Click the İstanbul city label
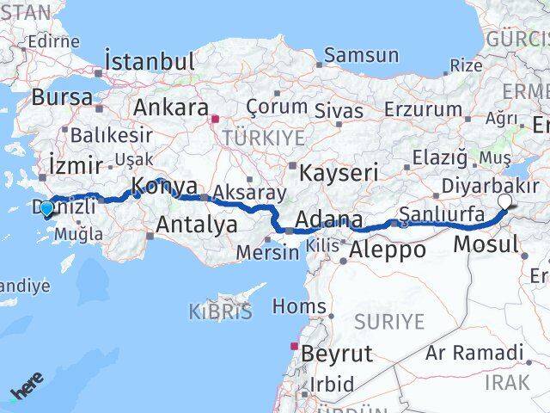(149, 61)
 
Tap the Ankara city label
(170, 108)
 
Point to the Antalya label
(197, 225)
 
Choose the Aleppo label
(388, 250)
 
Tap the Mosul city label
(486, 244)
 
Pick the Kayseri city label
(340, 171)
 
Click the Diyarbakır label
(490, 185)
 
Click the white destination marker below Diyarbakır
(504, 202)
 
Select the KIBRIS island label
(223, 311)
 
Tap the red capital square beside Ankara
(216, 120)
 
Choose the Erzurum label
(424, 109)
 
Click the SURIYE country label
(388, 322)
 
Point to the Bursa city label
(63, 97)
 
